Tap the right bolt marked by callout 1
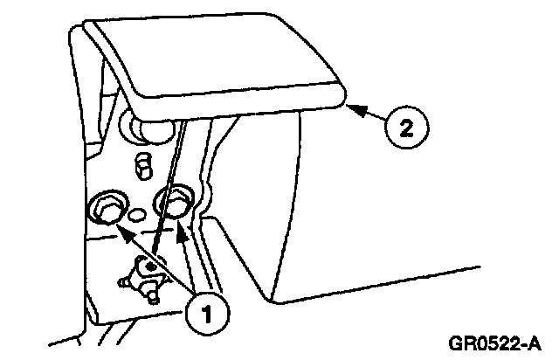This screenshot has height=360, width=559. tap(174, 203)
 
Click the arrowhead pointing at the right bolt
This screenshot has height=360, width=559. tap(182, 232)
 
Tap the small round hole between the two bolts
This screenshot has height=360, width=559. tap(136, 212)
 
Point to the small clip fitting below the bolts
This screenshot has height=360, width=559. tap(145, 278)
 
